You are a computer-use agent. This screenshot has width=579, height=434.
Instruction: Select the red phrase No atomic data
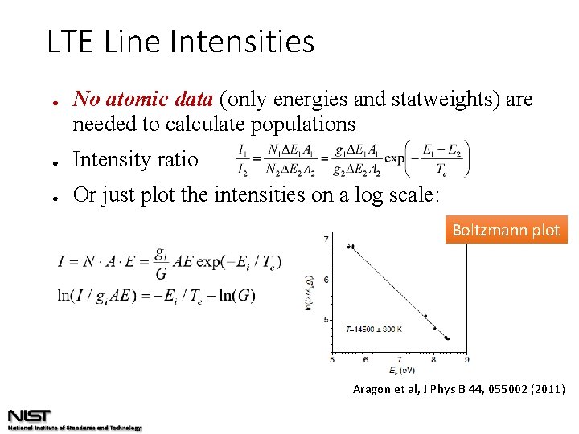click(142, 100)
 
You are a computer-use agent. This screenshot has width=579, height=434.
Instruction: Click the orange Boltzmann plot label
click(506, 230)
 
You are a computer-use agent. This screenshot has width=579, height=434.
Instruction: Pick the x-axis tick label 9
click(467, 359)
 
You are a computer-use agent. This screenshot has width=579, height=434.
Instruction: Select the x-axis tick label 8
click(433, 359)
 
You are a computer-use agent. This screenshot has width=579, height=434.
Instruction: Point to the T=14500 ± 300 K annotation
click(375, 330)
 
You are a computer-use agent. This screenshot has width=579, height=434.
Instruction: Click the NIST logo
click(30, 416)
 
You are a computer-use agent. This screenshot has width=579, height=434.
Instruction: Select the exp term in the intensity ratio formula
click(394, 158)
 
